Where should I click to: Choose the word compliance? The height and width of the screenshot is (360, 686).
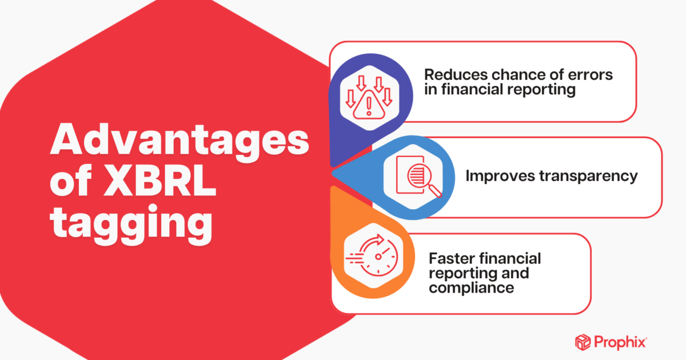tap(471, 287)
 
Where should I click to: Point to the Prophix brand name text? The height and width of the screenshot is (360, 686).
tap(622, 342)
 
